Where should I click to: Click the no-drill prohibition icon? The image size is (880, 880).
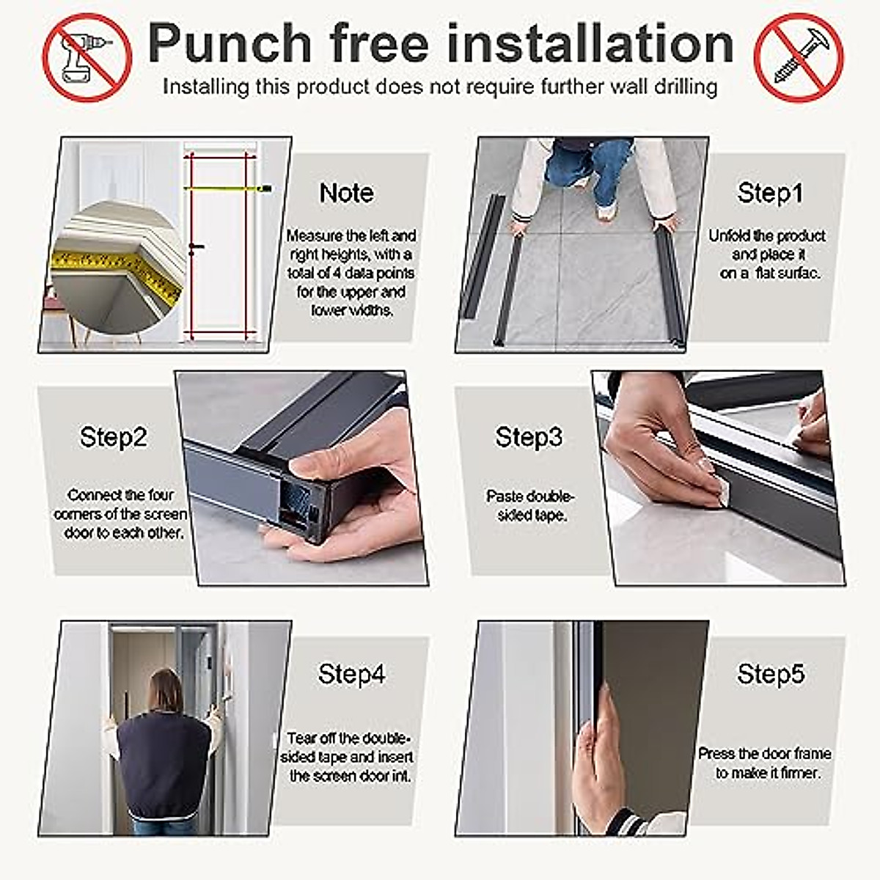87,57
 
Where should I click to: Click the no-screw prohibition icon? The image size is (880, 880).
799,57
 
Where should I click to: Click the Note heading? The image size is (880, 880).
346,193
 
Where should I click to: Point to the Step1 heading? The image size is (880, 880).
769,193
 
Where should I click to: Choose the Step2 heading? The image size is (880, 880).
114,437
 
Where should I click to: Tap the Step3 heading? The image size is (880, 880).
529,437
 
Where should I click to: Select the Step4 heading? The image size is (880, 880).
351,674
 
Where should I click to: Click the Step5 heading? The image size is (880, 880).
770,674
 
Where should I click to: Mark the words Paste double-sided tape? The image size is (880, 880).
530,505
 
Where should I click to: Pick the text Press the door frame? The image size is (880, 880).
765,754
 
